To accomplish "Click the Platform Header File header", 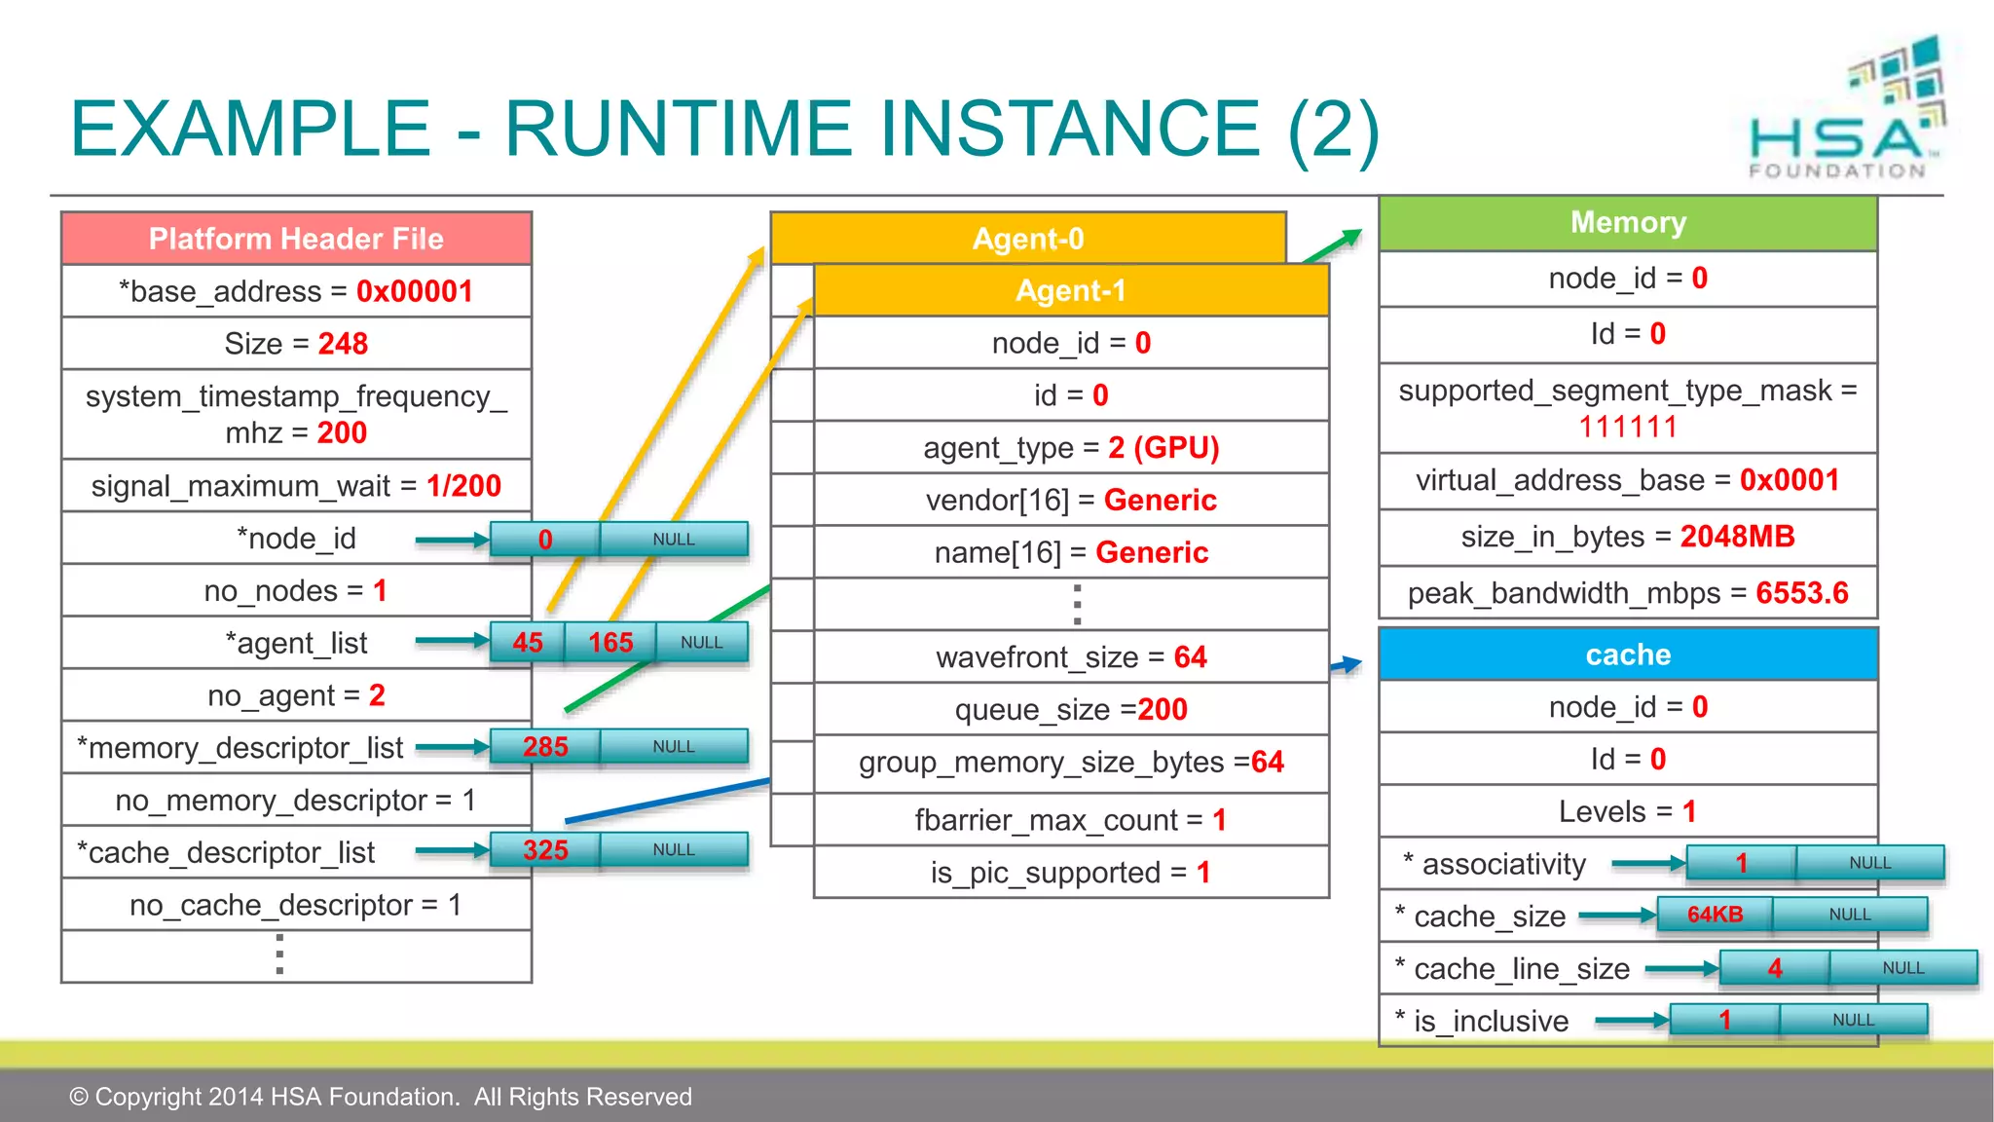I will [296, 239].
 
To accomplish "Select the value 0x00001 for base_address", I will [415, 291].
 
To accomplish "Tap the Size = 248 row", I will [296, 344].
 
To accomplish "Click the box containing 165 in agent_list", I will [610, 643].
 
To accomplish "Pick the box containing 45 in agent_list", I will [528, 643].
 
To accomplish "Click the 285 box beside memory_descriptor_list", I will [545, 747].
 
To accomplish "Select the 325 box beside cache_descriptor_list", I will [545, 850].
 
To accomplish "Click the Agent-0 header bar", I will [1028, 238].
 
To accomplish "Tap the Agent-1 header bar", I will [1071, 290].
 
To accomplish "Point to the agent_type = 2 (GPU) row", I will [1071, 448].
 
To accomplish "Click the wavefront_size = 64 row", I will [1071, 657].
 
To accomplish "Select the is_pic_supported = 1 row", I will [1071, 873].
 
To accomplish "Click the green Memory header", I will [1628, 223].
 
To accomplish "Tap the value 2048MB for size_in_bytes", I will [1737, 537].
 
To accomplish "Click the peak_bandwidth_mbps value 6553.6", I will [1801, 593].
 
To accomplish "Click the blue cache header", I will [1628, 654].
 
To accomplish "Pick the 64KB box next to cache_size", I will [1715, 915].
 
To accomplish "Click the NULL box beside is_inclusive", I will [1853, 1020].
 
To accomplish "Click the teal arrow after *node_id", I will [452, 540].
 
